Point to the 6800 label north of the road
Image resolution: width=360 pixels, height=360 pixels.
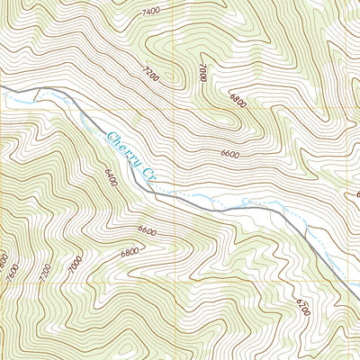click(x=238, y=101)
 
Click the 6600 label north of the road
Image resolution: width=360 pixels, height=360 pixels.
click(x=229, y=154)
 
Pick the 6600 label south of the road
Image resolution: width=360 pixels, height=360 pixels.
click(x=148, y=232)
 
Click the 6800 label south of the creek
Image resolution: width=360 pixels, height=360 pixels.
click(x=130, y=252)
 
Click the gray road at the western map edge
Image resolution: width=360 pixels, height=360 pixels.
click(x=4, y=87)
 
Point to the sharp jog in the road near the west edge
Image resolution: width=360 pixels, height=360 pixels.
click(x=38, y=90)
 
